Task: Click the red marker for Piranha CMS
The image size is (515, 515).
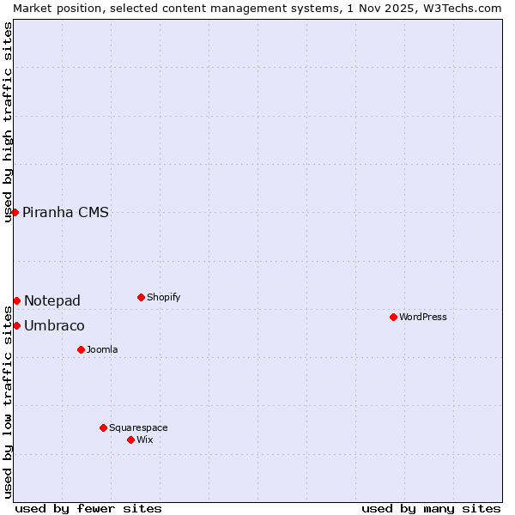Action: point(15,212)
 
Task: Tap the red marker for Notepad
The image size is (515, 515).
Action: point(16,300)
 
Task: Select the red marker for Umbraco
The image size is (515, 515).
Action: point(16,325)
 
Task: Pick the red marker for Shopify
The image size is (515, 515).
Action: point(141,297)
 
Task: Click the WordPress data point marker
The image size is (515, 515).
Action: point(393,317)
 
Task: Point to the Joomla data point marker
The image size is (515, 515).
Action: point(81,349)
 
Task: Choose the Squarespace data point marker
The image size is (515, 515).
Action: point(103,427)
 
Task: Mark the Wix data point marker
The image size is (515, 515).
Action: point(130,439)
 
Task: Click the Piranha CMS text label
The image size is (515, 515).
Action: point(65,212)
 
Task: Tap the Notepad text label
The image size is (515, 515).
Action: point(51,300)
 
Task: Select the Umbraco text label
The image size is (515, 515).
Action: point(54,325)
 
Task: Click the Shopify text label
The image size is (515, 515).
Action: point(163,297)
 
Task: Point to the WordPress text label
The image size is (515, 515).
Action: point(422,317)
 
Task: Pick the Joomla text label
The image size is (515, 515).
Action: point(102,349)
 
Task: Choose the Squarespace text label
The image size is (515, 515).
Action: point(138,427)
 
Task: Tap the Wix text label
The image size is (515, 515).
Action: point(144,439)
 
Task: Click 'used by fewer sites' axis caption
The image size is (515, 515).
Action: point(88,508)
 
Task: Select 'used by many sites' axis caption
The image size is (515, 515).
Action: point(431,508)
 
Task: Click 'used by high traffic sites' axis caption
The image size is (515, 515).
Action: point(8,122)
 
